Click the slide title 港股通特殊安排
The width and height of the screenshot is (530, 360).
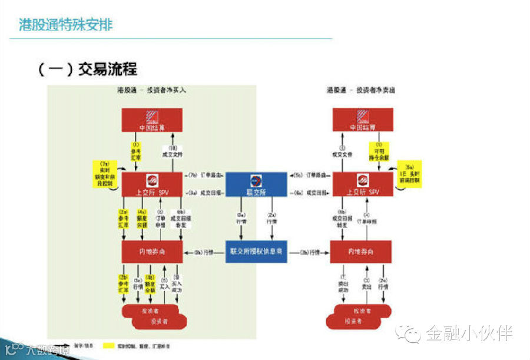point(66,25)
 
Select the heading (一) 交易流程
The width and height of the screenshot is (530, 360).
point(87,69)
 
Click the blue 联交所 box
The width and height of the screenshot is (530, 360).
point(256,184)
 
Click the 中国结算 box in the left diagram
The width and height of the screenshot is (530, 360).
point(152,120)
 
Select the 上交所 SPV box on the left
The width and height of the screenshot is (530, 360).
point(152,184)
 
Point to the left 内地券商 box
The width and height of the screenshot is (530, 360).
point(152,252)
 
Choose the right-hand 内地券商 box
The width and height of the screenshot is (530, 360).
point(361,252)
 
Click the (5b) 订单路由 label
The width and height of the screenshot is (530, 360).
point(307,176)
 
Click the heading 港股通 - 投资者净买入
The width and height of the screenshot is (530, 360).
point(152,91)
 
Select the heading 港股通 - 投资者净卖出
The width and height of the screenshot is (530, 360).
point(362,91)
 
